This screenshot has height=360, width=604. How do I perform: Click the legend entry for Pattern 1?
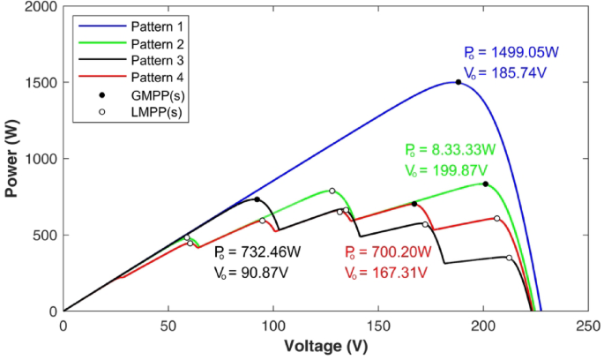138,26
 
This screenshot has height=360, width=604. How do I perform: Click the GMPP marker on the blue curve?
458,82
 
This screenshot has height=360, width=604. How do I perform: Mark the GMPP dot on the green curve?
485,184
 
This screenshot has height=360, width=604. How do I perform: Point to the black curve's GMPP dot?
257,199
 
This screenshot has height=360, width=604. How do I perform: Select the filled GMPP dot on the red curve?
414,204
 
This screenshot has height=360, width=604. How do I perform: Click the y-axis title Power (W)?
12,159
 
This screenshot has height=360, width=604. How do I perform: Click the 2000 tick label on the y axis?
40,7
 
